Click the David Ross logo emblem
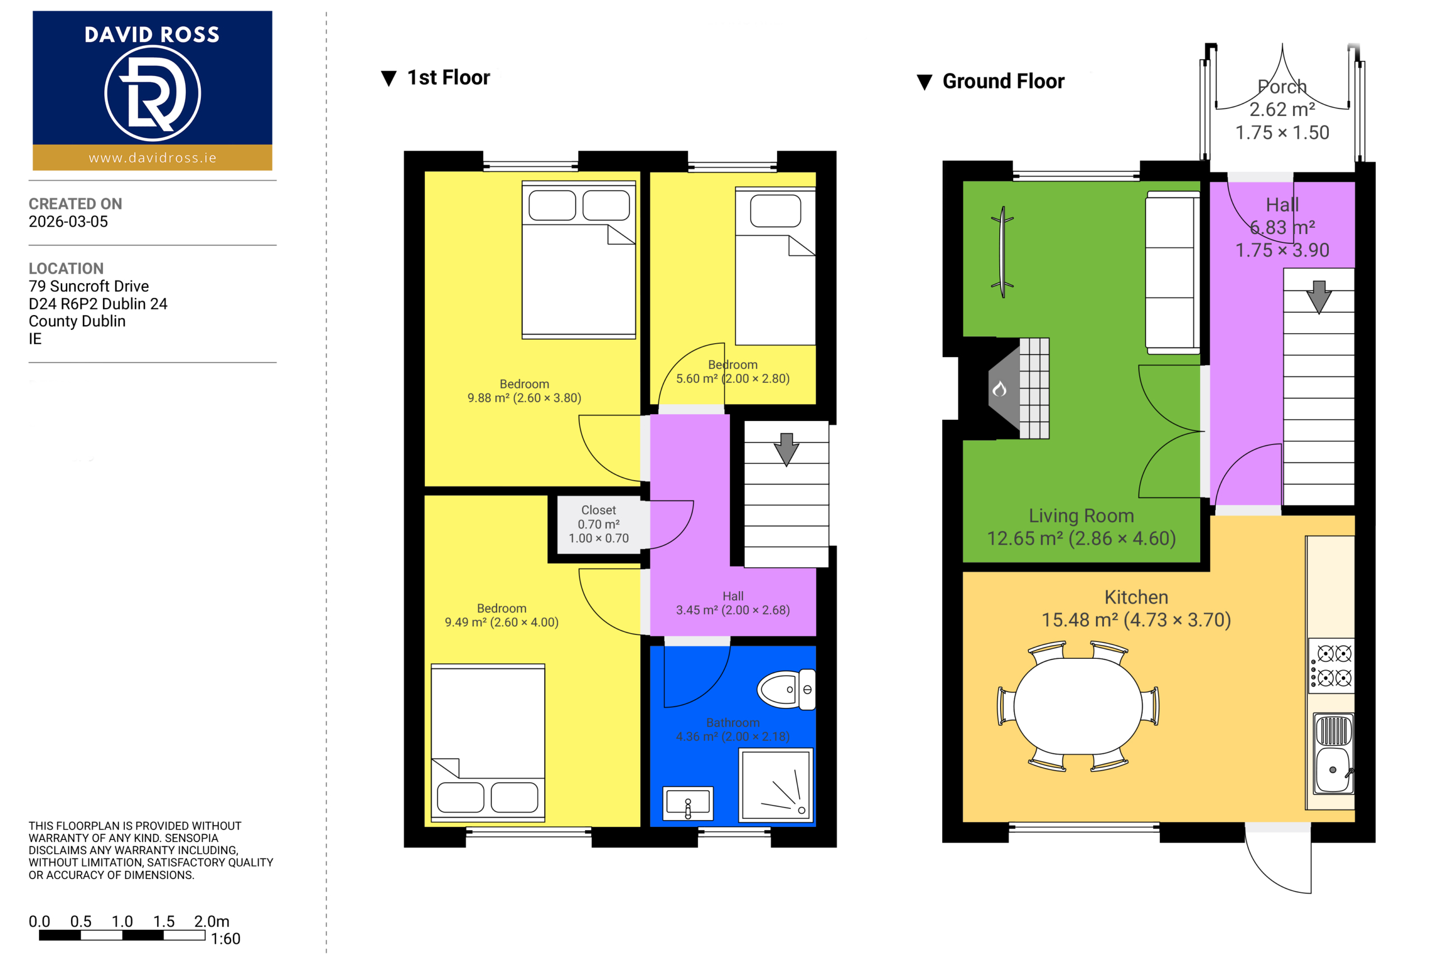pyautogui.click(x=152, y=93)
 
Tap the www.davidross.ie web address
pyautogui.click(x=152, y=158)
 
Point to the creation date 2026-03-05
pyautogui.click(x=68, y=222)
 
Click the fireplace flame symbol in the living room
pyautogui.click(x=999, y=388)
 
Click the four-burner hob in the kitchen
pyautogui.click(x=1332, y=666)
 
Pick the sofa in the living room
pyautogui.click(x=1172, y=272)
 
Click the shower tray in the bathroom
pyautogui.click(x=776, y=785)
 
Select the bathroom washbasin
pyautogui.click(x=687, y=803)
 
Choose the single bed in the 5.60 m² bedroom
pyautogui.click(x=775, y=266)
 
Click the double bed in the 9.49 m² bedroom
pyautogui.click(x=488, y=742)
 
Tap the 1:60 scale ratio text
pyautogui.click(x=226, y=939)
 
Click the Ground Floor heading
pyautogui.click(x=1003, y=81)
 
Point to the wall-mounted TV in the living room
pyautogui.click(x=1002, y=251)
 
